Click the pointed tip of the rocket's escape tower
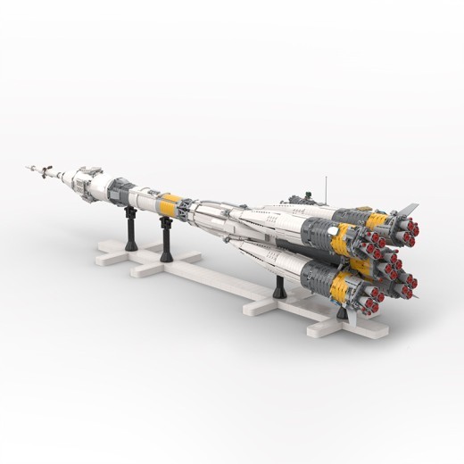pyautogui.click(x=28, y=165)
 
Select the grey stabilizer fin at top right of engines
pyautogui.click(x=407, y=211)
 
